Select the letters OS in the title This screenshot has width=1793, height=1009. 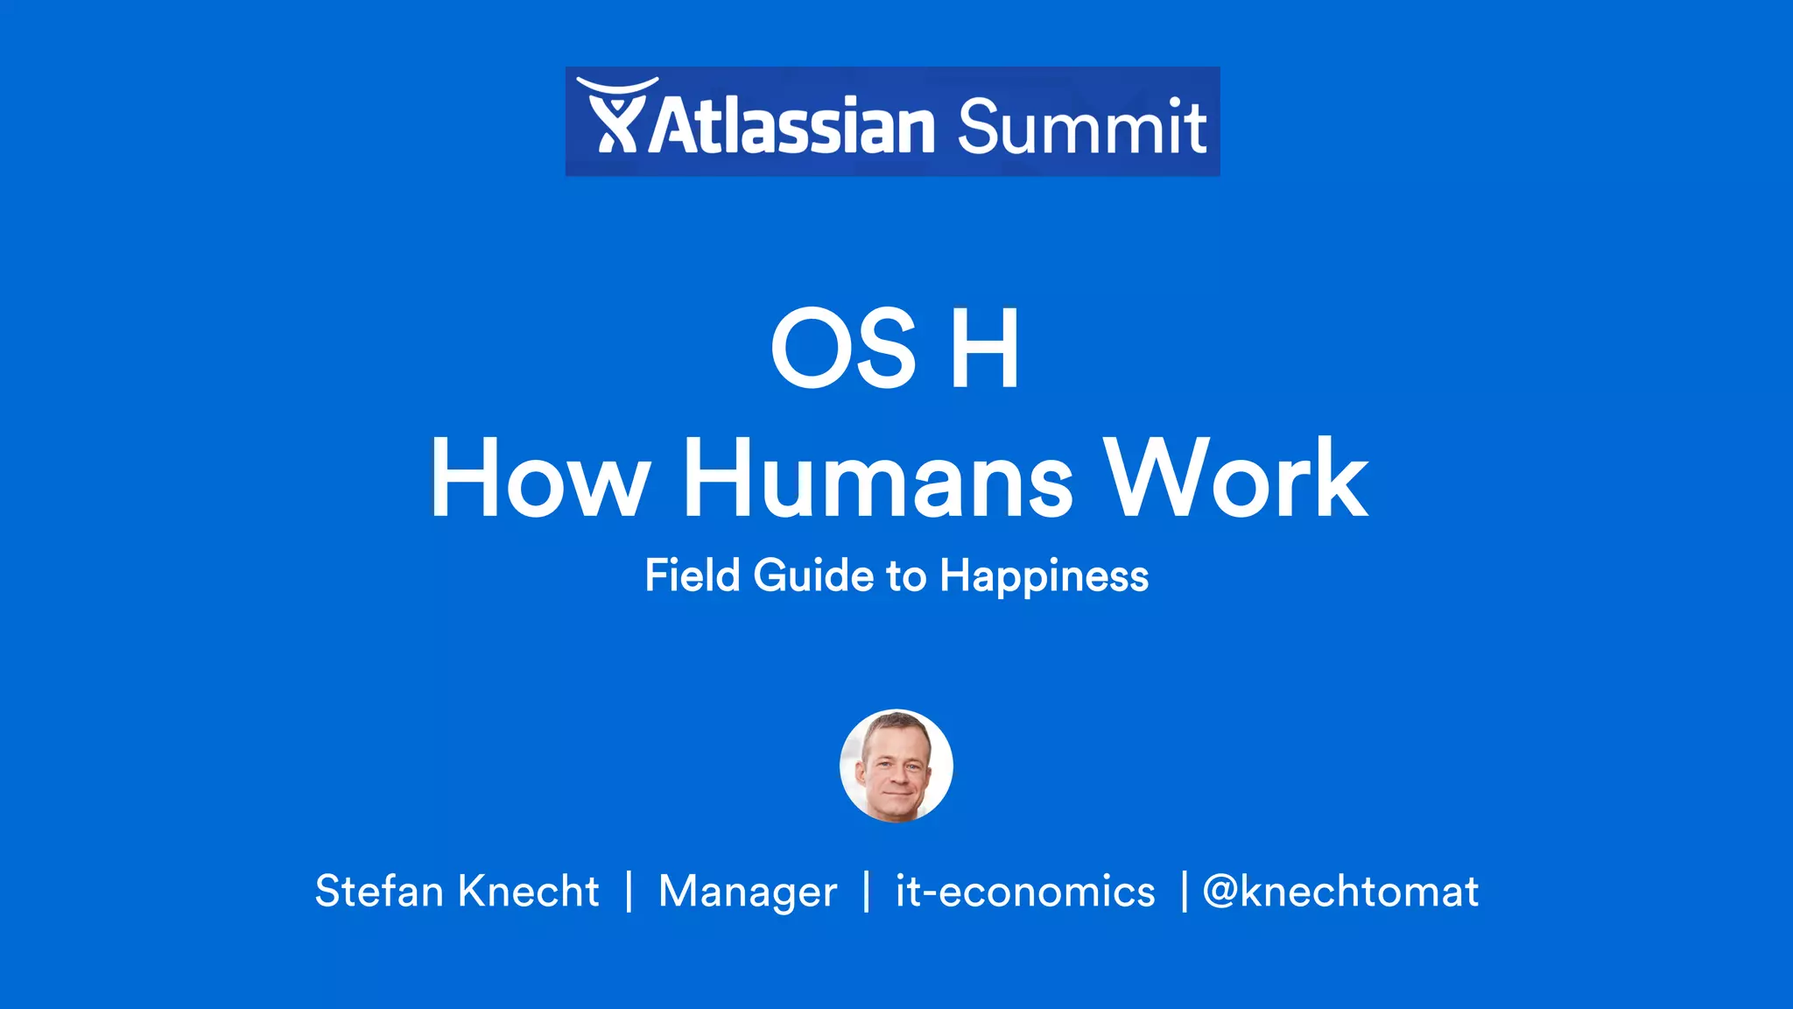pyautogui.click(x=844, y=349)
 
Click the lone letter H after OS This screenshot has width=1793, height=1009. pyautogui.click(x=985, y=349)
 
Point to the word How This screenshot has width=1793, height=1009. pyautogui.click(x=539, y=479)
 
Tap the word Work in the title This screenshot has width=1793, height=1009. pyautogui.click(x=1235, y=479)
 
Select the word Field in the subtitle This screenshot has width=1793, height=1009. pyautogui.click(x=693, y=576)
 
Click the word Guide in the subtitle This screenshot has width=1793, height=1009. pyautogui.click(x=813, y=576)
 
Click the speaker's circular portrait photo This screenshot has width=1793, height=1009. pyautogui.click(x=896, y=766)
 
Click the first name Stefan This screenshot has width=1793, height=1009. pyautogui.click(x=379, y=892)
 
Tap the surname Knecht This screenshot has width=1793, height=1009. pyautogui.click(x=529, y=892)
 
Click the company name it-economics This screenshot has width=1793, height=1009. pyautogui.click(x=1025, y=892)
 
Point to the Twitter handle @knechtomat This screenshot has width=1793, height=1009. pyautogui.click(x=1340, y=892)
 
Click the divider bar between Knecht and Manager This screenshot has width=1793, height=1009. pyautogui.click(x=629, y=892)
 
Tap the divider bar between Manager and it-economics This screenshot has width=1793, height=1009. pyautogui.click(x=867, y=892)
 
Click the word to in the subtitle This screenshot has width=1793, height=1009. pyautogui.click(x=906, y=576)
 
